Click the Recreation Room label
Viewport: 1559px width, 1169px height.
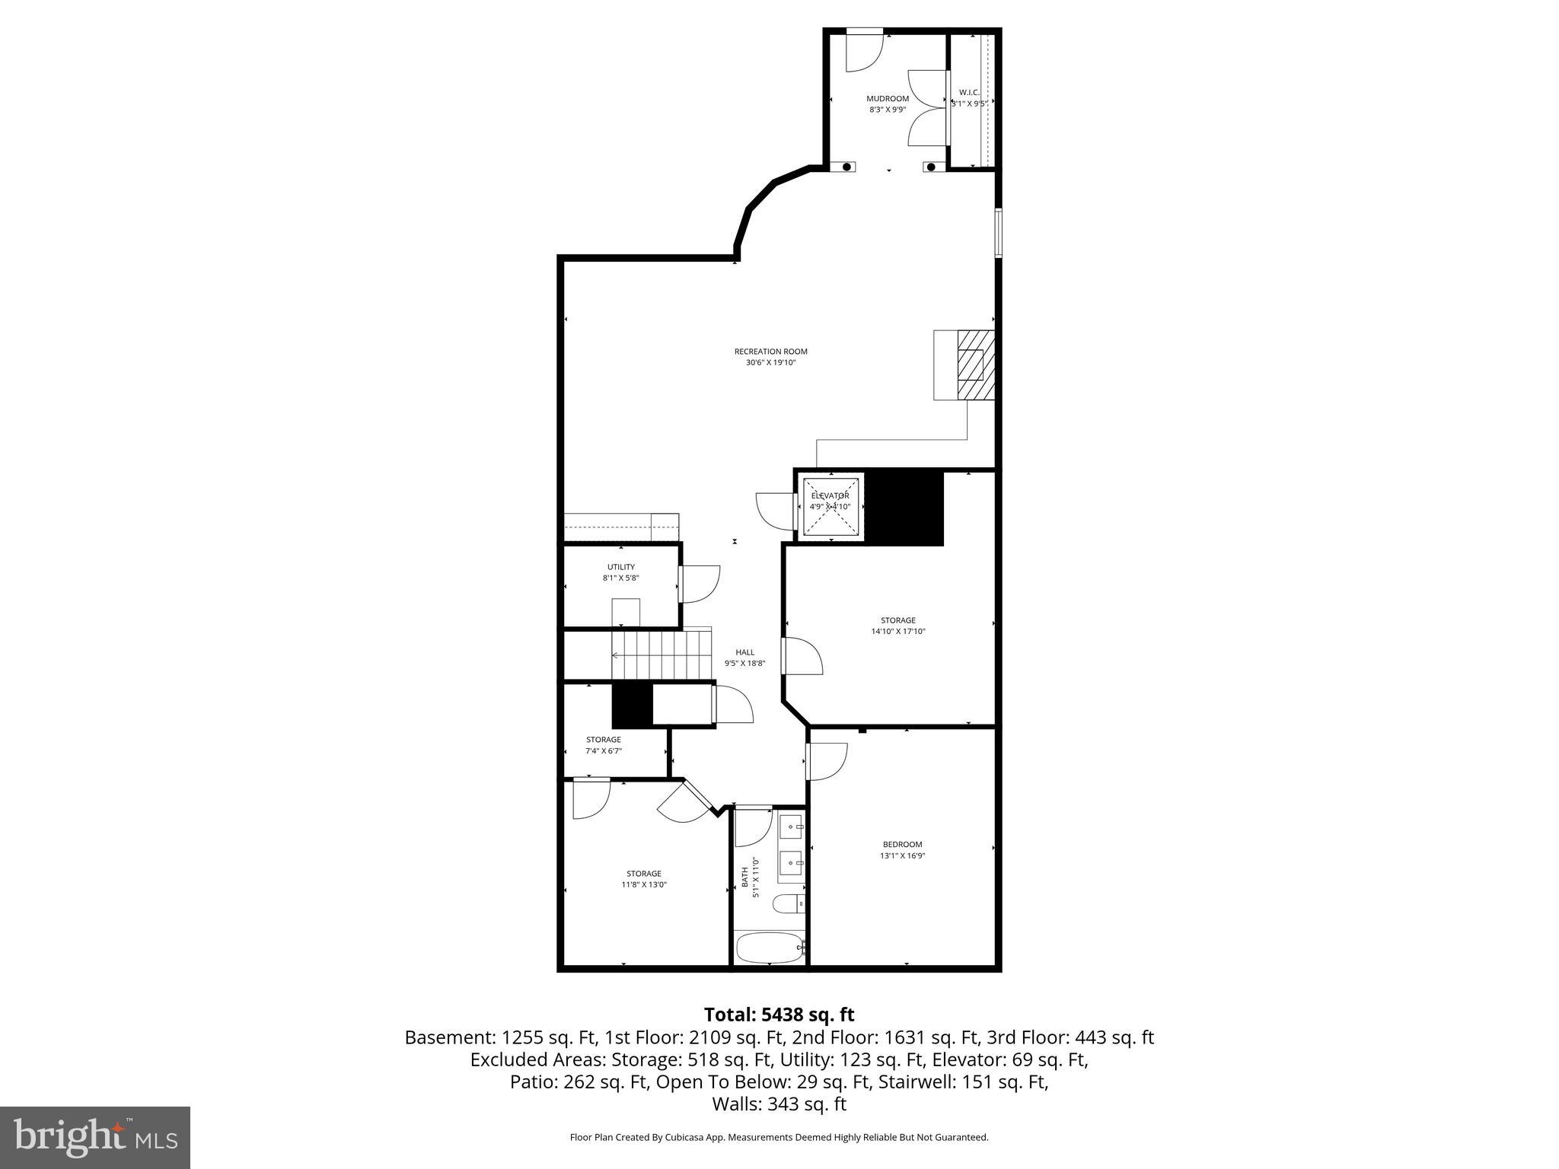pyautogui.click(x=770, y=352)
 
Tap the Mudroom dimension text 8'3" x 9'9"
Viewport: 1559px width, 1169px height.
pyautogui.click(x=888, y=110)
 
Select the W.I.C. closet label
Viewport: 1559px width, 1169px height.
pyautogui.click(x=968, y=93)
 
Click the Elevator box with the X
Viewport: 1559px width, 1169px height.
pyautogui.click(x=830, y=506)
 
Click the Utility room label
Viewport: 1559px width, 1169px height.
pyautogui.click(x=620, y=567)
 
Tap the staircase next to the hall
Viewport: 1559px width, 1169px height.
pyautogui.click(x=661, y=655)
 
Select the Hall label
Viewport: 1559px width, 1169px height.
pyautogui.click(x=744, y=652)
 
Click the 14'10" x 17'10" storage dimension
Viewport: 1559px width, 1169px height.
pyautogui.click(x=898, y=631)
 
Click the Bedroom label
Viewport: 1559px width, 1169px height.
pyautogui.click(x=902, y=844)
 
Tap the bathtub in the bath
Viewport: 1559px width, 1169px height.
pyautogui.click(x=770, y=948)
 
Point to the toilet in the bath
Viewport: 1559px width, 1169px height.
pyautogui.click(x=786, y=904)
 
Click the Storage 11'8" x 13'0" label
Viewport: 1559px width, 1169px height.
pyautogui.click(x=643, y=874)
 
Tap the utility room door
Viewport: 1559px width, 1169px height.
pyautogui.click(x=700, y=584)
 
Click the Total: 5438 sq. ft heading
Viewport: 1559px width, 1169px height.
pyautogui.click(x=779, y=1015)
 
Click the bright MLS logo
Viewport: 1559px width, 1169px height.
pyautogui.click(x=95, y=1138)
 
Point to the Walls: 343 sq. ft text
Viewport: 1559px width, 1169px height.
pyautogui.click(x=779, y=1104)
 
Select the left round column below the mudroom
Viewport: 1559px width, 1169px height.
pyautogui.click(x=846, y=167)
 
